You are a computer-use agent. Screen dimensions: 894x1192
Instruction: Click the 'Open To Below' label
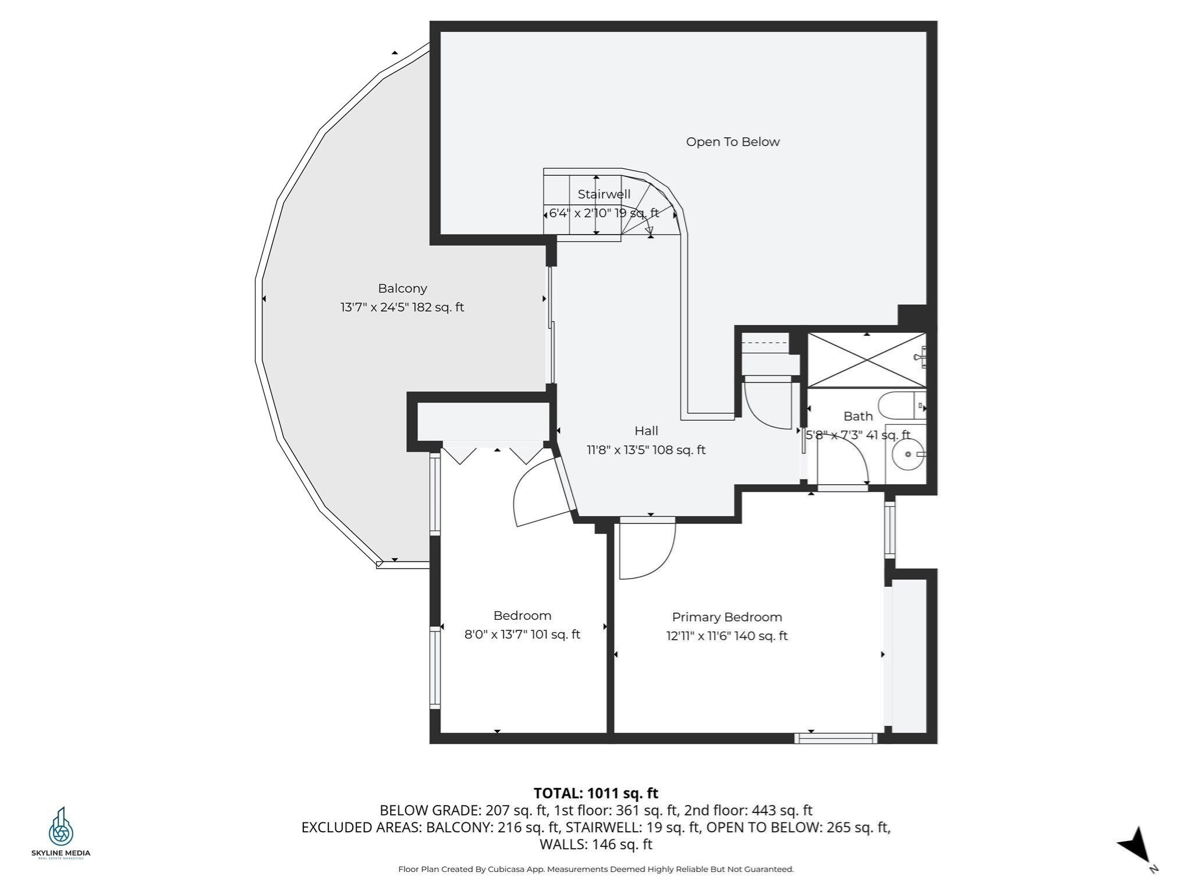[x=732, y=142]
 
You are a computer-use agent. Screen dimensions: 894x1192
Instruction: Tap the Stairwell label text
[x=604, y=194]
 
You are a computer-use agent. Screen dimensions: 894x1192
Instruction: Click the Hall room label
[x=646, y=431]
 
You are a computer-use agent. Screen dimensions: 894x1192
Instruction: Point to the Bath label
[x=858, y=416]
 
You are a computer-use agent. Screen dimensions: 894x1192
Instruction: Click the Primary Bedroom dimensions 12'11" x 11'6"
[x=726, y=636]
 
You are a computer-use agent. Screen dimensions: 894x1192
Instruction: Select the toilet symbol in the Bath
[x=901, y=406]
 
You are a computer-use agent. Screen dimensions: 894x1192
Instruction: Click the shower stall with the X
[x=866, y=360]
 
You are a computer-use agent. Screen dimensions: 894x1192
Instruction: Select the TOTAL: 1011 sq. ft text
[x=595, y=793]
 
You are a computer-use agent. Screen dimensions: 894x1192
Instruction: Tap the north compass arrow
[x=1135, y=847]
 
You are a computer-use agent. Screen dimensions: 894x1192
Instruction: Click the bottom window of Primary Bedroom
[x=836, y=739]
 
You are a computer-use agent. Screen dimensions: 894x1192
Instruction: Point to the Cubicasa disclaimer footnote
[x=595, y=870]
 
